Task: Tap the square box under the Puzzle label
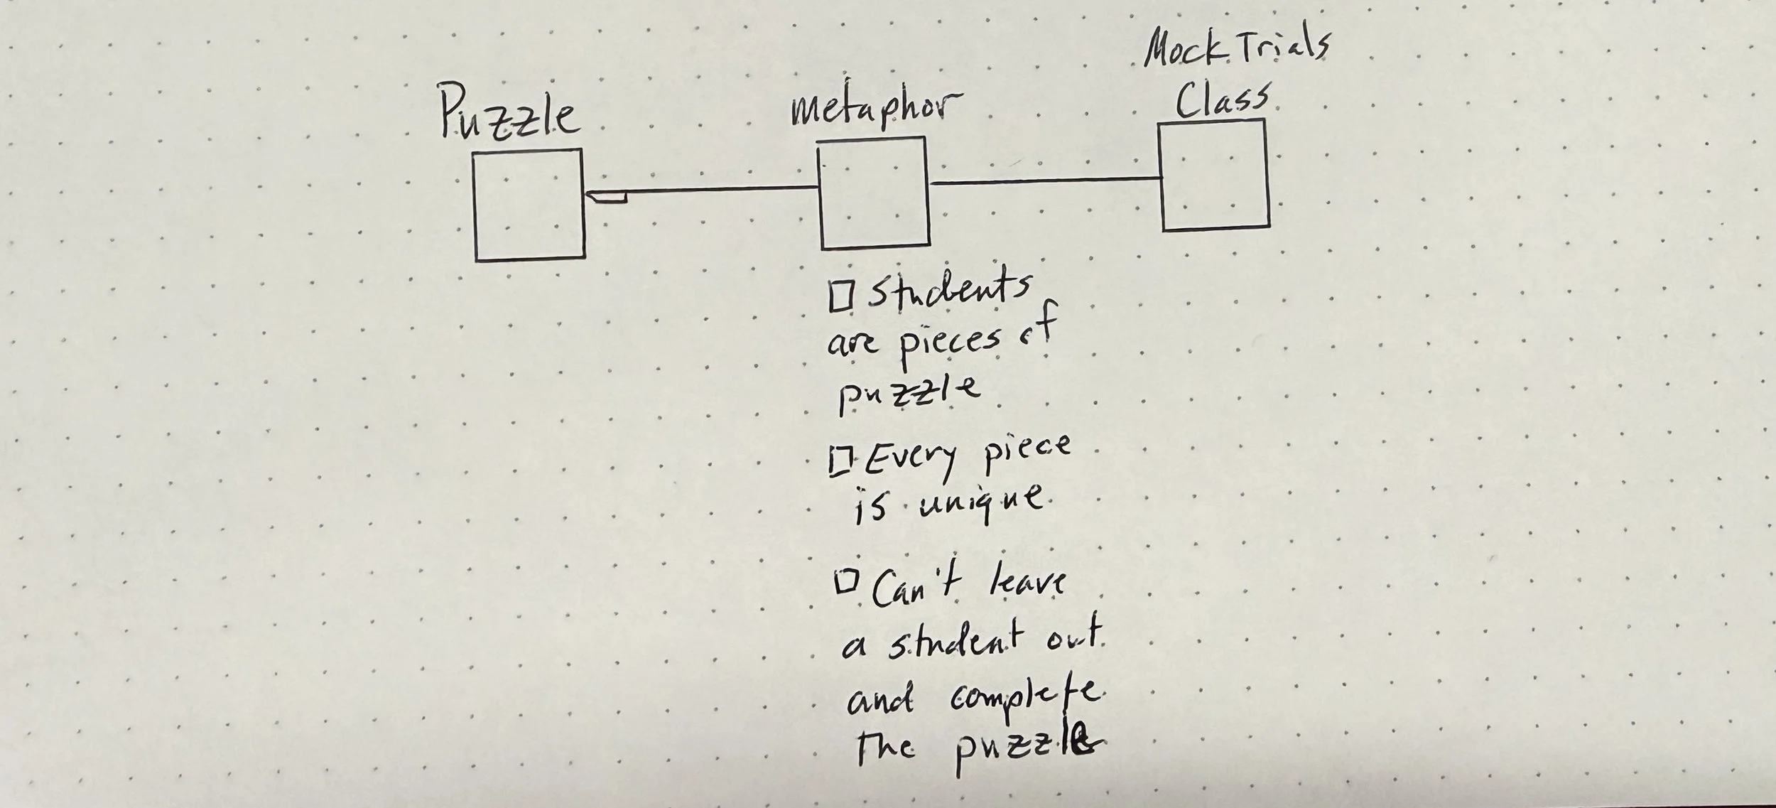[529, 204]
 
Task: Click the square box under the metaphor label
[875, 193]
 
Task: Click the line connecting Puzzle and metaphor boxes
[718, 190]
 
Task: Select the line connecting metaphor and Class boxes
[1044, 181]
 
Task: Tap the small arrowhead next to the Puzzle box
[604, 196]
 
